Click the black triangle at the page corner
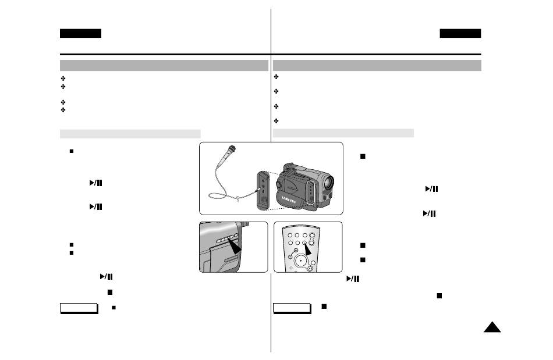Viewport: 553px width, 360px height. point(492,328)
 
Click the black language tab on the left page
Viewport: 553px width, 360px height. point(80,33)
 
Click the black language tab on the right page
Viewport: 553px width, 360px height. point(460,33)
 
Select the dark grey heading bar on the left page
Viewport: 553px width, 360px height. point(164,65)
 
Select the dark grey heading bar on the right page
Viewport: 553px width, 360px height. point(377,65)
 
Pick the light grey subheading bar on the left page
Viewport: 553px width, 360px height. point(130,134)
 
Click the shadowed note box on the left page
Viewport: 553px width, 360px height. point(79,308)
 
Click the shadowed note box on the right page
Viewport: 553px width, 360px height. point(291,308)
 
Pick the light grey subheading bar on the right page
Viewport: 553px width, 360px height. point(343,134)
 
